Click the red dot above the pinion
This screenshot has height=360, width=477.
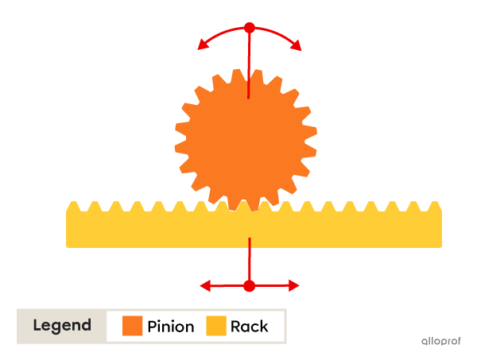pos(249,28)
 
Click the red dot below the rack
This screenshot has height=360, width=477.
pos(249,285)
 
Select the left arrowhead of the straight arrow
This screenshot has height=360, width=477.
pos(204,285)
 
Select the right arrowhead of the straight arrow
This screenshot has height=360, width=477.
pos(294,285)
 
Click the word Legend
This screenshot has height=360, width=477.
pos(62,326)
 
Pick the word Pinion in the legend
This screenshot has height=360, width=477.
pos(171,327)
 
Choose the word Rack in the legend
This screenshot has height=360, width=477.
pos(249,327)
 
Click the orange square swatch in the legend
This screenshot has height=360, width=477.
pos(132,326)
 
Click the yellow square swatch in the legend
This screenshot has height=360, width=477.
pos(216,326)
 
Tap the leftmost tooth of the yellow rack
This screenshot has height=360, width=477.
pos(73,207)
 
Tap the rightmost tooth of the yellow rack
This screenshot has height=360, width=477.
pos(435,207)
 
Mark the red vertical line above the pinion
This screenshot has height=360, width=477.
pos(249,64)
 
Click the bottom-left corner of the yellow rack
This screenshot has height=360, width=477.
pos(68,246)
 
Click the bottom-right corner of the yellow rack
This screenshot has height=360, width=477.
pos(440,246)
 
